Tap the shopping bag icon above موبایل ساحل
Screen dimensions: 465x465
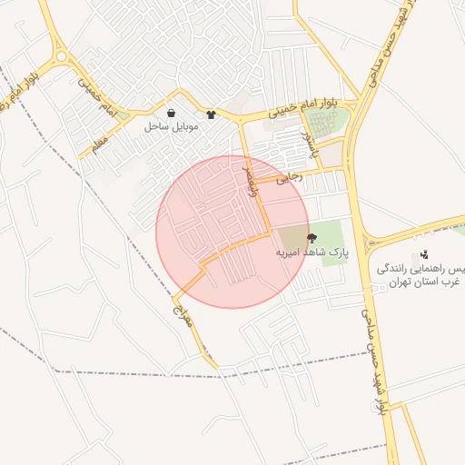coord(172,114)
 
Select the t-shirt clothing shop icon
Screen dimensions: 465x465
coord(212,115)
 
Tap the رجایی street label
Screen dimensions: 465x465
coord(290,181)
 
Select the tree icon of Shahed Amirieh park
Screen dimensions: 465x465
coord(312,238)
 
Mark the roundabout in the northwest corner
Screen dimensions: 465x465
coord(61,56)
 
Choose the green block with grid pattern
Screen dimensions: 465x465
coord(325,123)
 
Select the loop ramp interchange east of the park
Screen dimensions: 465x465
coord(371,242)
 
